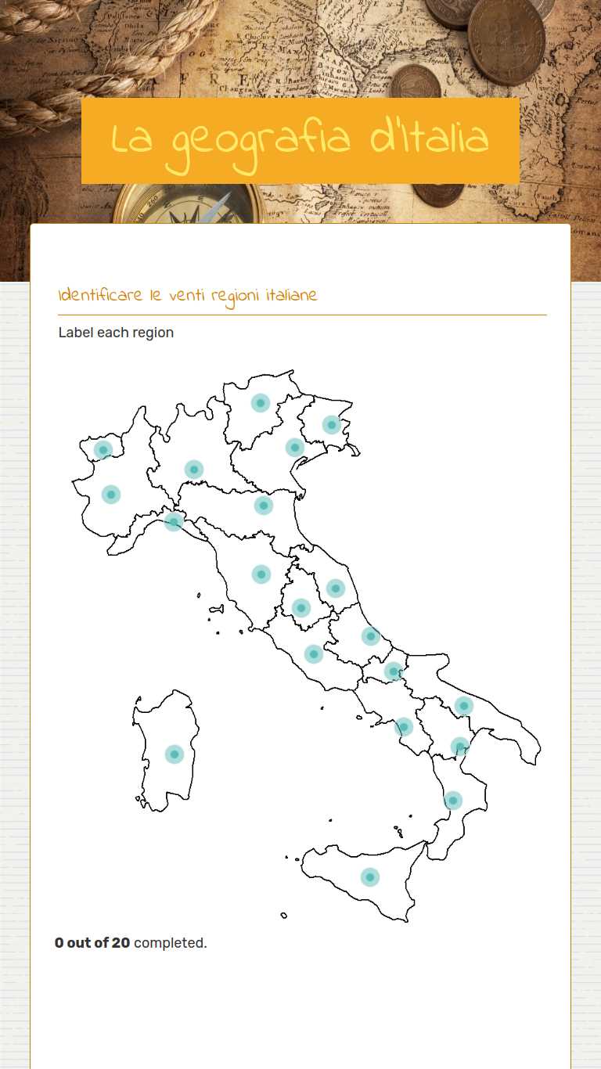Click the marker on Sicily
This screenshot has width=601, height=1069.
pyautogui.click(x=370, y=877)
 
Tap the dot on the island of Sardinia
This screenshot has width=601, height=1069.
pyautogui.click(x=174, y=754)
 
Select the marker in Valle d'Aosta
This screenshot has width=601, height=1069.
pyautogui.click(x=103, y=450)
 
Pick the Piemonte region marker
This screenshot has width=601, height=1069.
pyautogui.click(x=111, y=495)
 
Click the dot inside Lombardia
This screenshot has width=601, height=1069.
pyautogui.click(x=193, y=470)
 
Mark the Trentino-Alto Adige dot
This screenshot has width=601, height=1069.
pyautogui.click(x=261, y=403)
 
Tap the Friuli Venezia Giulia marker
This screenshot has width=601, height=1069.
pyautogui.click(x=331, y=425)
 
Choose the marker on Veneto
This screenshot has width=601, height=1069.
pyautogui.click(x=294, y=448)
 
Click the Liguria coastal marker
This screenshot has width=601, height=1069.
pyautogui.click(x=174, y=521)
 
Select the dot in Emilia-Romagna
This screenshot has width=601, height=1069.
pyautogui.click(x=263, y=506)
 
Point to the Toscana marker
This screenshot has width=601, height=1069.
pyautogui.click(x=261, y=574)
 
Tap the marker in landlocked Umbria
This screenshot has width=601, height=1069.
pyautogui.click(x=300, y=608)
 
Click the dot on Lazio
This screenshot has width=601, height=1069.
pyautogui.click(x=313, y=653)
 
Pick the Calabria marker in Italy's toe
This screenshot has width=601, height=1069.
pyautogui.click(x=452, y=801)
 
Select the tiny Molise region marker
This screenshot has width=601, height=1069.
pyautogui.click(x=393, y=671)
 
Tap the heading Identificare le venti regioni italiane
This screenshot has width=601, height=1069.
pyautogui.click(x=188, y=296)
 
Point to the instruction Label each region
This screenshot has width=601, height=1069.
pyautogui.click(x=116, y=333)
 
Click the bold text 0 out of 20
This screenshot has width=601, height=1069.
pyautogui.click(x=92, y=943)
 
